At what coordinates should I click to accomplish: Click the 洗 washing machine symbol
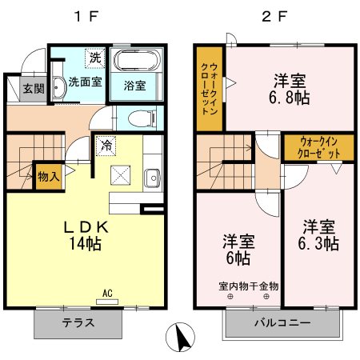point(96,58)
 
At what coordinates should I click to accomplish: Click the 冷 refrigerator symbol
point(106,146)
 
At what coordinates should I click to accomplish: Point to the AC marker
point(108,294)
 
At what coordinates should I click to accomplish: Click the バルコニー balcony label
point(282,324)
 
